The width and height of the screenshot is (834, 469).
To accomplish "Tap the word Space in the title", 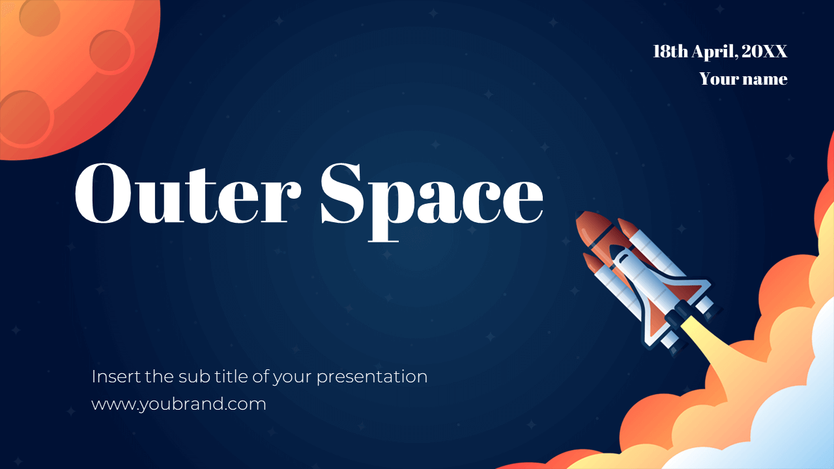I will click(x=431, y=194).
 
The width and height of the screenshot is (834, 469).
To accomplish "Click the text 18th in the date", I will click(x=670, y=52).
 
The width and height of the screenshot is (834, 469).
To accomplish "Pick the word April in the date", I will click(x=715, y=52).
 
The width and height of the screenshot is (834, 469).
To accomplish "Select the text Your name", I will click(x=743, y=79).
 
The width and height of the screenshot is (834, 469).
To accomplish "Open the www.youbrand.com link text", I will click(x=179, y=404).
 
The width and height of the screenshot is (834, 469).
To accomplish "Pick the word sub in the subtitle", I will click(x=190, y=377).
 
